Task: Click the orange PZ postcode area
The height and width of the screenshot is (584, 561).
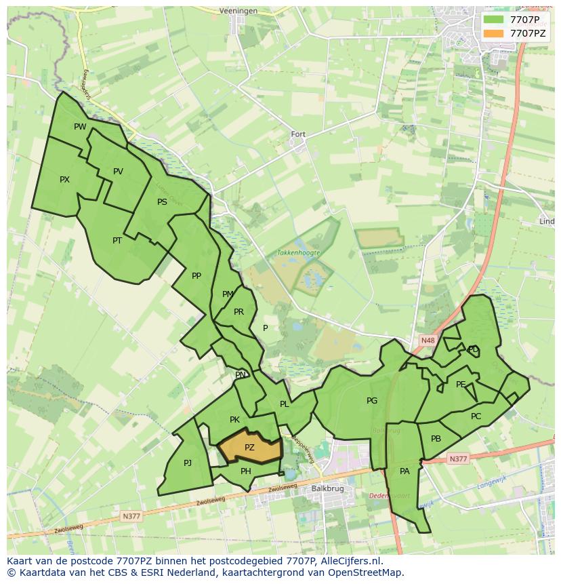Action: point(249,448)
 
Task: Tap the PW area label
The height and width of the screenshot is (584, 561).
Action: point(80,127)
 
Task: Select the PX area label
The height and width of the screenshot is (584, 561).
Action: point(64,180)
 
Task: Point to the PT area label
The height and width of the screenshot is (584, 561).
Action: point(117,240)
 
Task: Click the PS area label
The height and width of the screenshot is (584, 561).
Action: point(162,202)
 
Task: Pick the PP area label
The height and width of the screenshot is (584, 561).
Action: point(196,275)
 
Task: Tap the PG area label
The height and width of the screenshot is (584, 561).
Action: point(372,401)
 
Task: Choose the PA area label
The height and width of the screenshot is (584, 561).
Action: point(404,471)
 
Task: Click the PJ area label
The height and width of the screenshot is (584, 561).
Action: point(188,463)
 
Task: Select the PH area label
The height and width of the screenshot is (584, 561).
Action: point(246,471)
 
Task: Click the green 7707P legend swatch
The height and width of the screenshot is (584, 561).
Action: point(493,20)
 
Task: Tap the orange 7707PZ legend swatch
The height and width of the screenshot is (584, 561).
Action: point(493,33)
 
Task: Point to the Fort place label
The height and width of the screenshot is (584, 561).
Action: point(298,134)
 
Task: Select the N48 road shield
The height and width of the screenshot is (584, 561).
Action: point(428,340)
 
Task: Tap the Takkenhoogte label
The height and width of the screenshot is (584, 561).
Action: point(298,252)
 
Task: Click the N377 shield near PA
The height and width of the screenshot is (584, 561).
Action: point(458,459)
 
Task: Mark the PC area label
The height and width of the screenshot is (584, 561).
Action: point(476,416)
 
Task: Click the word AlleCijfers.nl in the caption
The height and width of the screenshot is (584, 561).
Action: point(350,562)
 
